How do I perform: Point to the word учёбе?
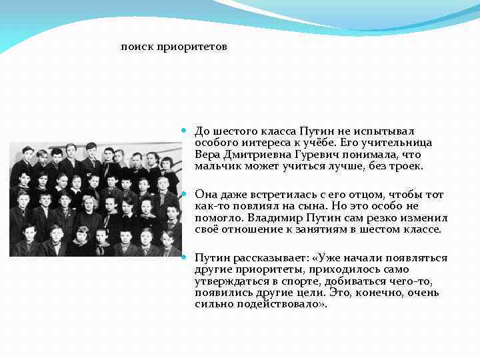click(319, 143)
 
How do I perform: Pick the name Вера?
click(207, 154)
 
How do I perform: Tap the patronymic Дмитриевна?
click(255, 154)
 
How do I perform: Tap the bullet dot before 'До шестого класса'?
click(184, 131)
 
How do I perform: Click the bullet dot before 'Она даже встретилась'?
click(184, 194)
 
